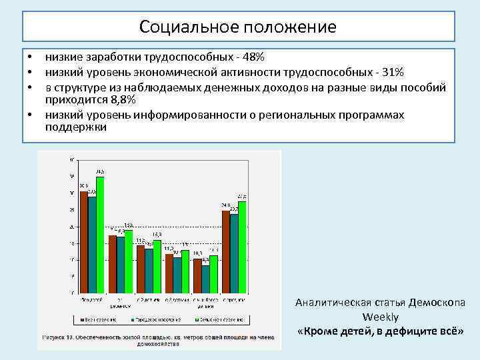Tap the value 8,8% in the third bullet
123,100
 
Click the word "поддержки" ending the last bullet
75,127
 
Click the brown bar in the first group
83,242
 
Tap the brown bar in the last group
226,251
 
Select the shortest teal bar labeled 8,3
205,279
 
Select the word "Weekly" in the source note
381,317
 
